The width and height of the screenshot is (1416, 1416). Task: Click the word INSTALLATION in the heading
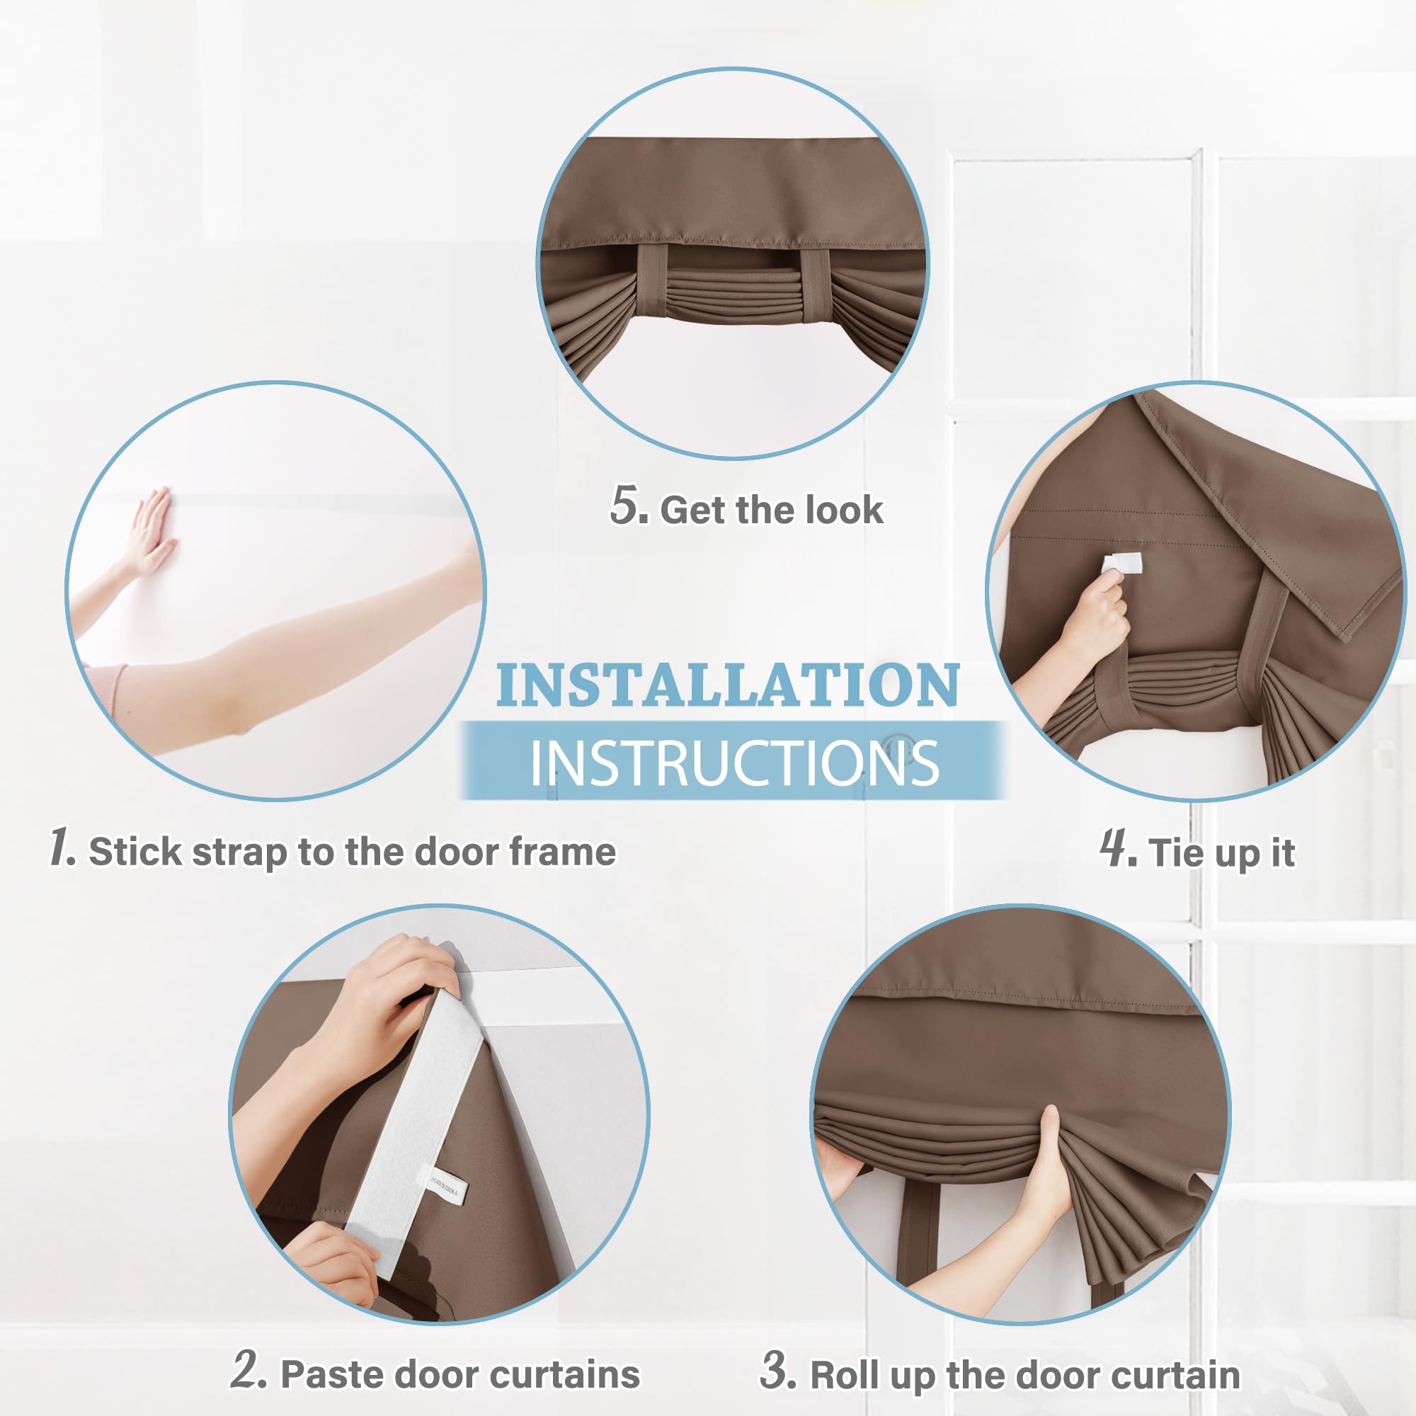(x=728, y=686)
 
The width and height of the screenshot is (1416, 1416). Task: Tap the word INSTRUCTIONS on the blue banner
(x=733, y=763)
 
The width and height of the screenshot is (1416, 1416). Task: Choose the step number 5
(x=628, y=506)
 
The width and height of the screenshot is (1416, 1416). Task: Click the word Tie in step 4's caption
(x=1175, y=853)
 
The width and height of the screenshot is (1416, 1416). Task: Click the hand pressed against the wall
(x=150, y=532)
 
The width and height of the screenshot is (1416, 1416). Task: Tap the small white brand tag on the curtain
(x=445, y=1186)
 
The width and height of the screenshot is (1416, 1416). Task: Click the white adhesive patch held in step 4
(x=1122, y=563)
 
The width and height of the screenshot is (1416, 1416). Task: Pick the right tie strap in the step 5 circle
(x=814, y=285)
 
